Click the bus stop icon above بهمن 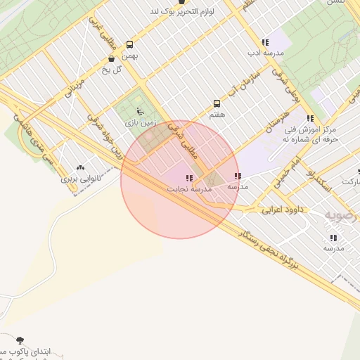129,44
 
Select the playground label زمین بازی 140,122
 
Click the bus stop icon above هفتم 217,103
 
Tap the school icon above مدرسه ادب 264,42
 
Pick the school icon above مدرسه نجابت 188,179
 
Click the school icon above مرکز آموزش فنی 310,118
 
